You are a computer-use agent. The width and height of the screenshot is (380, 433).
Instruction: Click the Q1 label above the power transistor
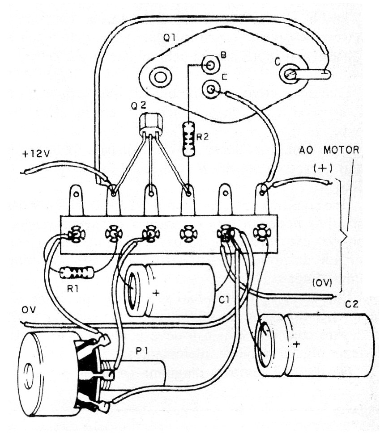[169, 39]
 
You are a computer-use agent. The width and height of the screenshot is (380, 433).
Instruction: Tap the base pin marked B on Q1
[209, 66]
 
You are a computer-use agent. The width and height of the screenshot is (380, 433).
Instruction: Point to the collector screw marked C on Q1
[289, 75]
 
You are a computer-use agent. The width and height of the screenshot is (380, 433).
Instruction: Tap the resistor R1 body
[77, 272]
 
